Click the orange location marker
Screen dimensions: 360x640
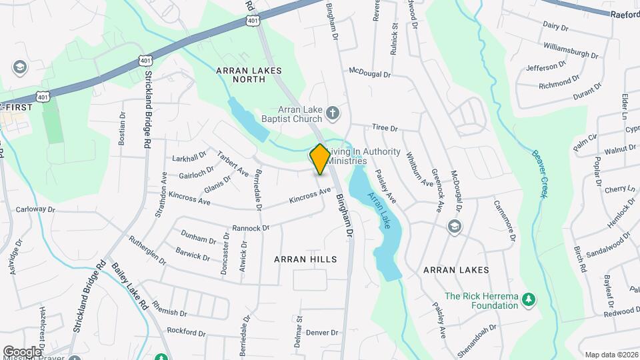click(x=320, y=159)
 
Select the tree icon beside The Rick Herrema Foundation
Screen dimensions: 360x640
click(x=529, y=297)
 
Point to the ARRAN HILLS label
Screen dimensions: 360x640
click(x=305, y=259)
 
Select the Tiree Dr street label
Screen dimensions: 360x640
click(x=385, y=127)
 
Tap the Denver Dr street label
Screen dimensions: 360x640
click(x=323, y=332)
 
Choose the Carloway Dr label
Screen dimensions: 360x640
click(x=35, y=209)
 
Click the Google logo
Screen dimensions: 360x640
click(x=21, y=351)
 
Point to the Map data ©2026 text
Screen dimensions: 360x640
click(x=610, y=355)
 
